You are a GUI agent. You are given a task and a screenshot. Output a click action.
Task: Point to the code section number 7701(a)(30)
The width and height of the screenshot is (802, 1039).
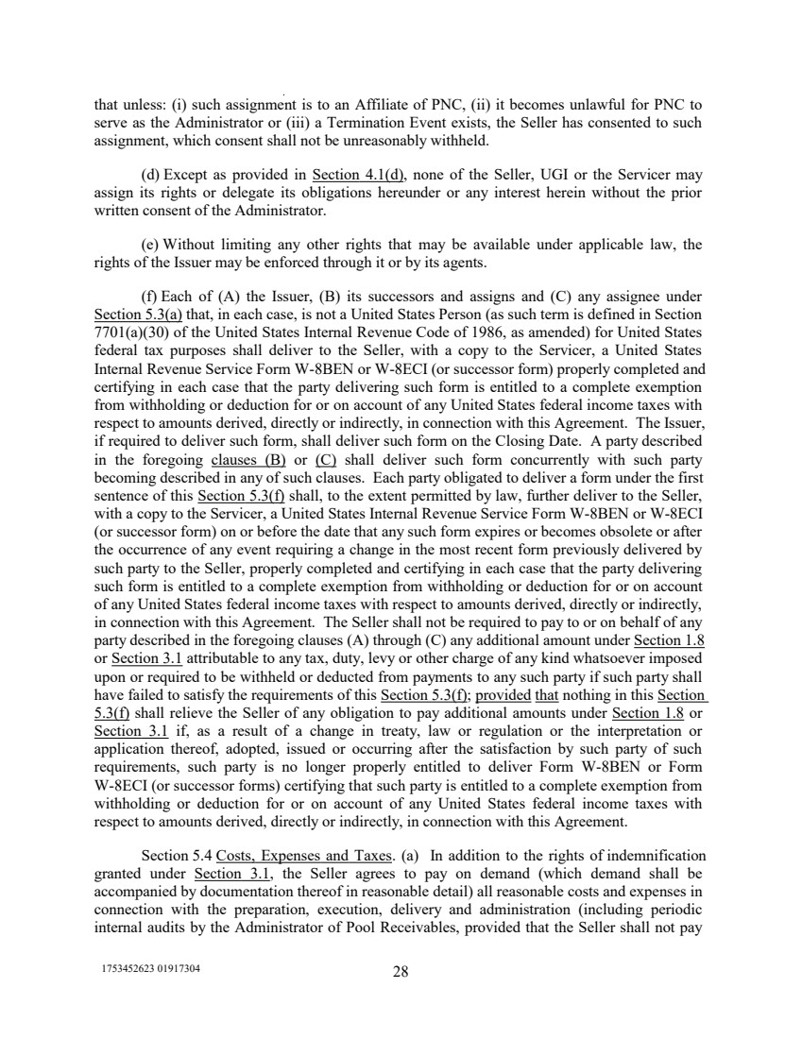click(x=136, y=330)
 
